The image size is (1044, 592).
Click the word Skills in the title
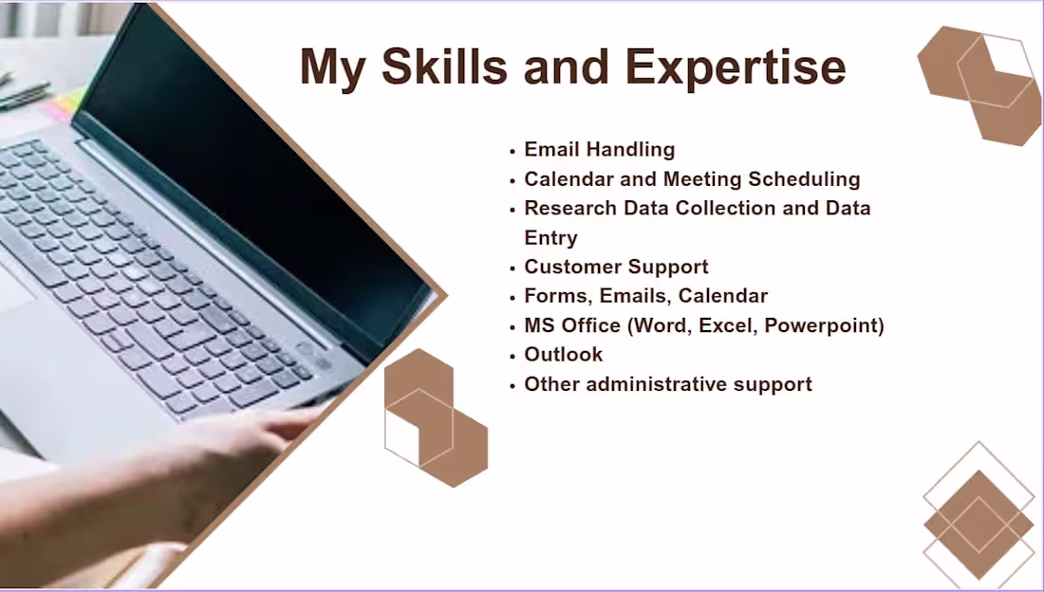click(x=461, y=66)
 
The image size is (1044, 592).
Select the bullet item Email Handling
click(x=599, y=149)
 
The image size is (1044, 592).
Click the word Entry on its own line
click(x=550, y=237)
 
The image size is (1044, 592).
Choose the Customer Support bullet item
click(x=616, y=267)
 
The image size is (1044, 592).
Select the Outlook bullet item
click(x=563, y=355)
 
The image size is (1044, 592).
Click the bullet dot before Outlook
click(x=513, y=357)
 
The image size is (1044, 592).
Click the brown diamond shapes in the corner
click(x=979, y=524)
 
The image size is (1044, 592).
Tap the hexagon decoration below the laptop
click(x=435, y=417)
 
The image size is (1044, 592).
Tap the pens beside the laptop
click(x=24, y=93)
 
